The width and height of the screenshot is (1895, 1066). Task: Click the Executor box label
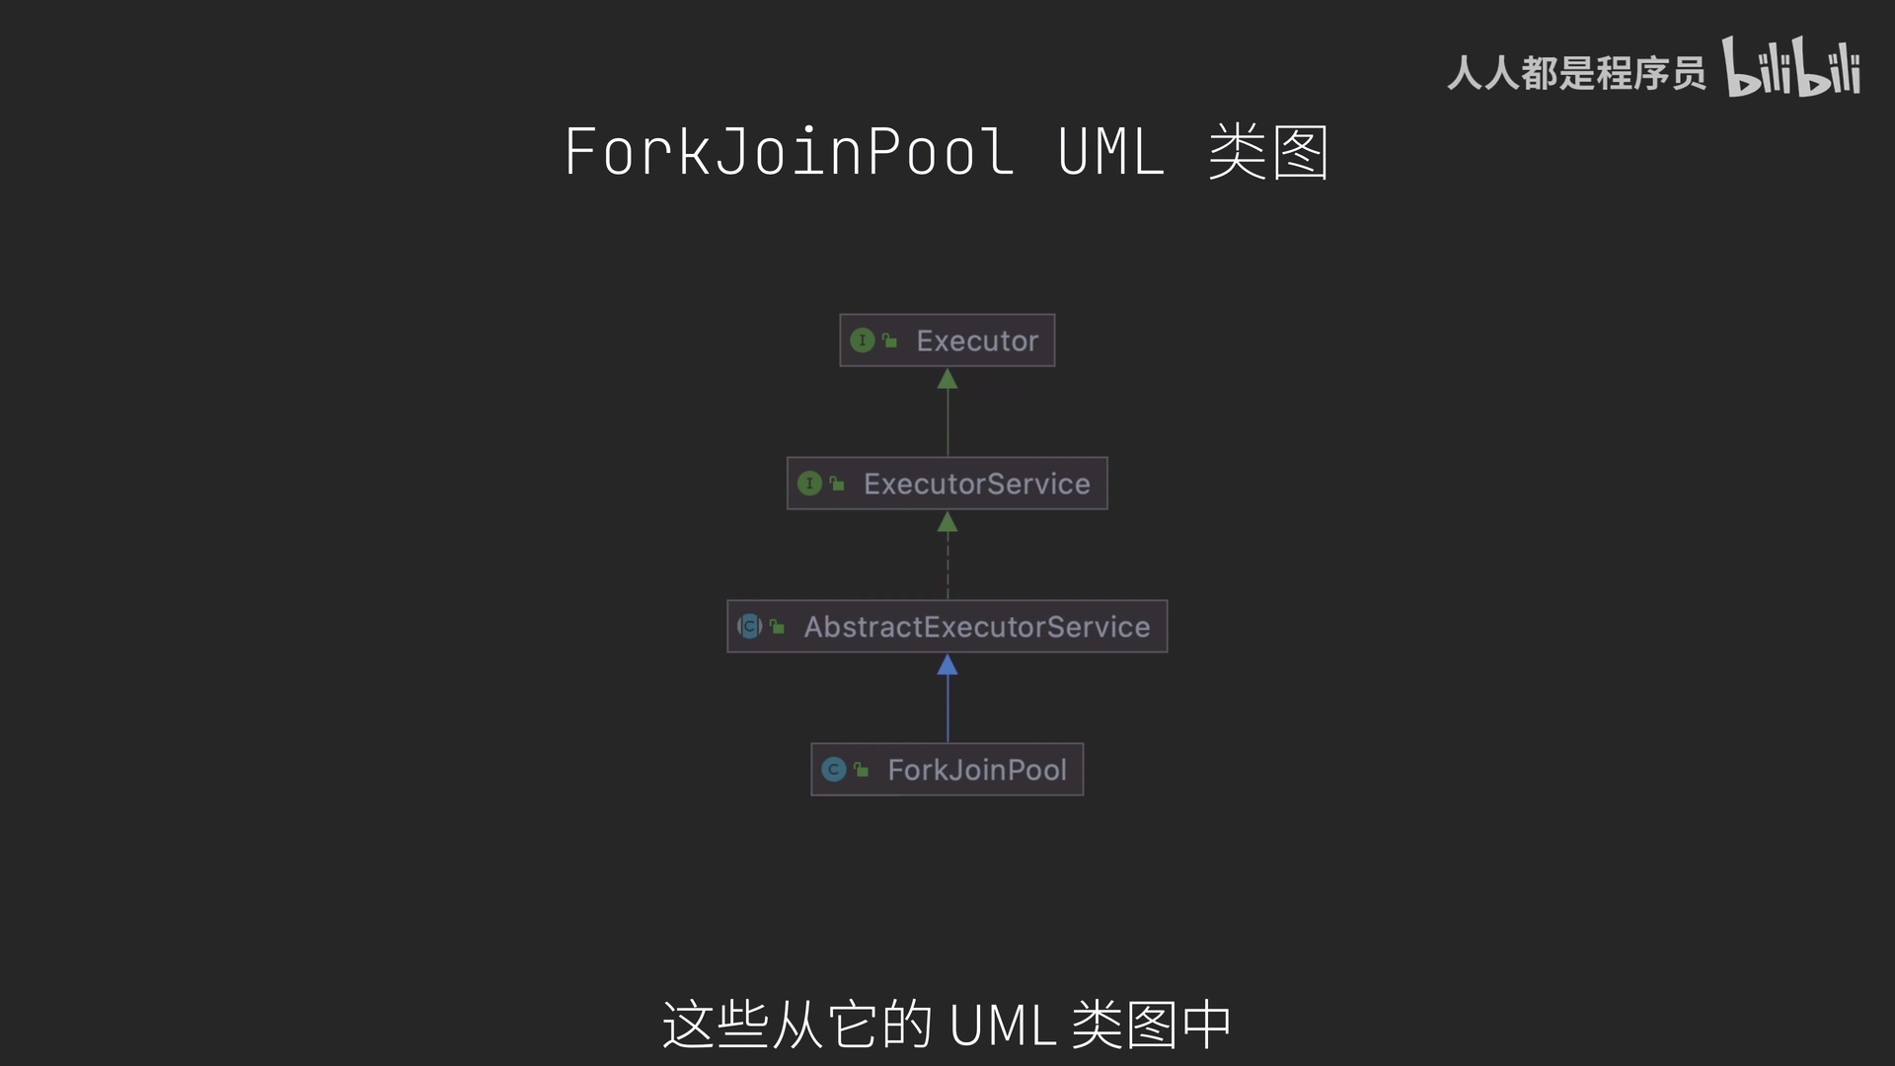tap(976, 341)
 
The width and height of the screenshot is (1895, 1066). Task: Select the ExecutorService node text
tap(976, 484)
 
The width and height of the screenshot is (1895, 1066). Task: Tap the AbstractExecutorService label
tap(976, 627)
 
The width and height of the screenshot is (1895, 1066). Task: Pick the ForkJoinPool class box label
tap(976, 770)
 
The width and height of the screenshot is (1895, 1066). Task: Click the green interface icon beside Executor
tap(862, 341)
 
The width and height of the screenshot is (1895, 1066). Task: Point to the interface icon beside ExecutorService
tap(809, 484)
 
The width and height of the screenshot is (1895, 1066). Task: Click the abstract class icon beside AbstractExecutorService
tap(749, 627)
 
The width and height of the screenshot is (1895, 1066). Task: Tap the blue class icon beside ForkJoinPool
tap(834, 770)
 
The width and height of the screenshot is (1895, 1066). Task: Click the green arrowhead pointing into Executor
tap(947, 379)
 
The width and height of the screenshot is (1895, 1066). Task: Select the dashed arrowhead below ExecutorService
tap(947, 522)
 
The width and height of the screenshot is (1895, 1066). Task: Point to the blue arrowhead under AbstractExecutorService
tap(947, 665)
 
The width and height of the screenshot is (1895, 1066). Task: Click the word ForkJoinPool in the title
tap(789, 152)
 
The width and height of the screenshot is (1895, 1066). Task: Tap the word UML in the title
tap(1110, 152)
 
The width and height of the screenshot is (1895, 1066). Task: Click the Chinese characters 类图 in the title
tap(1268, 152)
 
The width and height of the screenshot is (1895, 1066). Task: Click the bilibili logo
tap(1791, 67)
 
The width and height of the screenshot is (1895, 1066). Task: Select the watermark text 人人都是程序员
tap(1576, 73)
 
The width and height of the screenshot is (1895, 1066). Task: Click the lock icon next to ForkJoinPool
tap(862, 770)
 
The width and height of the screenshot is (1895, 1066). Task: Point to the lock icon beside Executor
tap(889, 341)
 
